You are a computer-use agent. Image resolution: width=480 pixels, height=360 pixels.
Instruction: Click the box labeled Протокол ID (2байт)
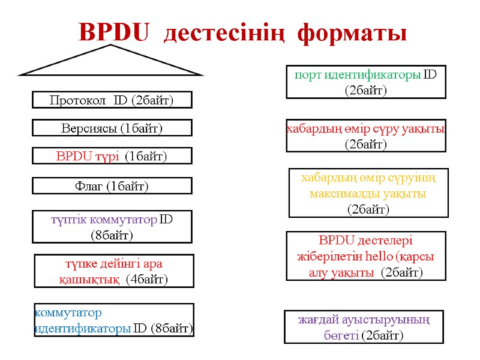pyautogui.click(x=112, y=100)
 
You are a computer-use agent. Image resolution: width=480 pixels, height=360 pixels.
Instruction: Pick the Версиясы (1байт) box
pyautogui.click(x=112, y=128)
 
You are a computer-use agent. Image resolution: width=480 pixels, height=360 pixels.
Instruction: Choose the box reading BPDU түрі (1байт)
pyautogui.click(x=112, y=156)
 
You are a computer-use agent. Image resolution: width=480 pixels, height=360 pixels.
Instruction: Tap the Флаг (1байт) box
pyautogui.click(x=112, y=186)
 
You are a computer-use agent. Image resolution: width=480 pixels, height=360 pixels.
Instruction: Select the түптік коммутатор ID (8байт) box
pyautogui.click(x=112, y=226)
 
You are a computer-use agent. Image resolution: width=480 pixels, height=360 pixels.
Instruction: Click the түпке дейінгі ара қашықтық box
pyautogui.click(x=114, y=271)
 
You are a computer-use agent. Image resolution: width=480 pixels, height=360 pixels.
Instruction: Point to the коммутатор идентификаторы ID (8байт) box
pyautogui.click(x=114, y=320)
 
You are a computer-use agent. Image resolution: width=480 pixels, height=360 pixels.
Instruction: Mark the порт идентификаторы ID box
pyautogui.click(x=366, y=82)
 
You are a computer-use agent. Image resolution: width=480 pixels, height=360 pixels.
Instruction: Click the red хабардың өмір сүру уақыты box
pyautogui.click(x=366, y=136)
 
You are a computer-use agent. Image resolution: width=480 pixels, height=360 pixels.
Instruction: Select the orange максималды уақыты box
pyautogui.click(x=368, y=193)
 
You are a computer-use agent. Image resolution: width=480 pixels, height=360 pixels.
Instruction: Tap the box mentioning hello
pyautogui.click(x=366, y=256)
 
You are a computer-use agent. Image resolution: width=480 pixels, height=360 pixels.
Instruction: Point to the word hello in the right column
pyautogui.click(x=377, y=256)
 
